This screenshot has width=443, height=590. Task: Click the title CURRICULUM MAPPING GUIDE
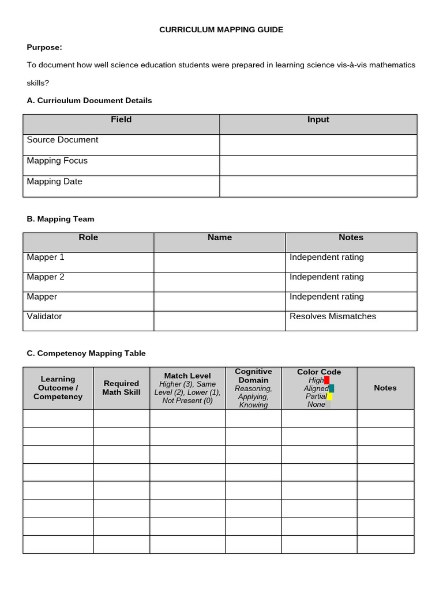(221, 29)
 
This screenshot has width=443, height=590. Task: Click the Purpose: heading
(44, 47)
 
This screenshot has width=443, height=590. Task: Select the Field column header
(121, 120)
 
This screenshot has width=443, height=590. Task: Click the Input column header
(318, 120)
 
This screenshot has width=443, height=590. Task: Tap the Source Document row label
(62, 140)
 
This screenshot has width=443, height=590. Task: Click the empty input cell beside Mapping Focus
(318, 165)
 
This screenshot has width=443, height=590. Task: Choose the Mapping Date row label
(54, 181)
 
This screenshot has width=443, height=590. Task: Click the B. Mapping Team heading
(61, 219)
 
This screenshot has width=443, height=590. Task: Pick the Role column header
(88, 237)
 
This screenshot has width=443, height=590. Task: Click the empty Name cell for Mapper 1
(219, 262)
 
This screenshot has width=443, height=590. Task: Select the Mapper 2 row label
(46, 277)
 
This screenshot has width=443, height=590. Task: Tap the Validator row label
(44, 316)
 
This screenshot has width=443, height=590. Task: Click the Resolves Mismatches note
(333, 316)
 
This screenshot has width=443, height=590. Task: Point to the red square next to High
(327, 380)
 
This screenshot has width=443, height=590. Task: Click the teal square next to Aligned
(331, 388)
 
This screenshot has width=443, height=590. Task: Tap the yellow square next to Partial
(329, 396)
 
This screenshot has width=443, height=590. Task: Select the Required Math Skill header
(121, 388)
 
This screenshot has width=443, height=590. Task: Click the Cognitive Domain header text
(253, 376)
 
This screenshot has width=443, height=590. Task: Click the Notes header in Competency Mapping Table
(385, 388)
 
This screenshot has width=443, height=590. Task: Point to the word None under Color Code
(316, 404)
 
